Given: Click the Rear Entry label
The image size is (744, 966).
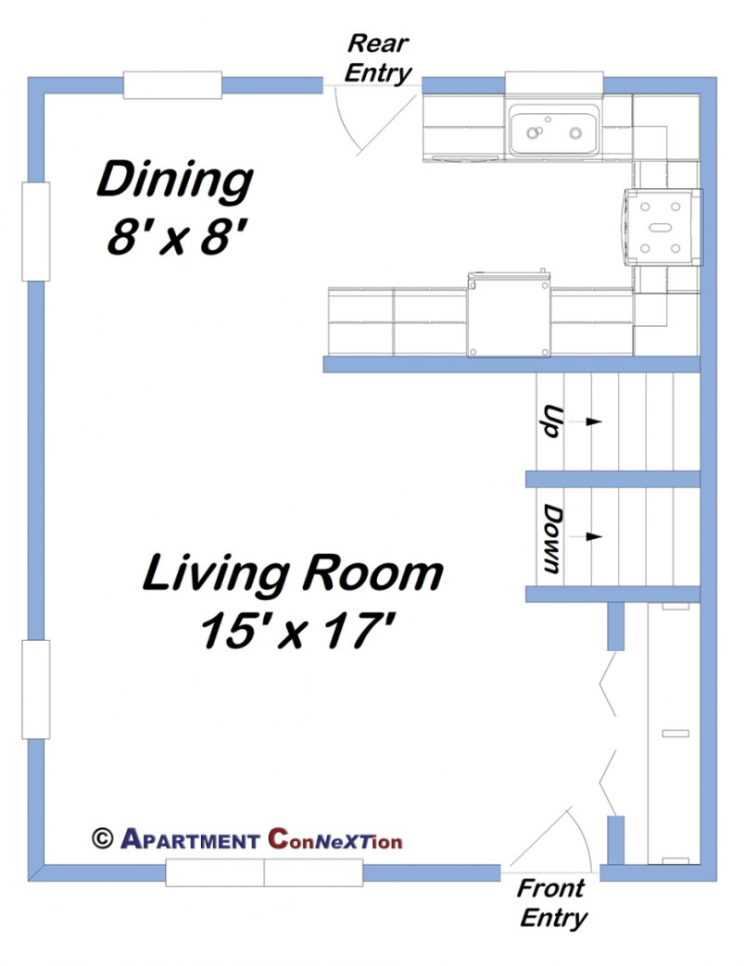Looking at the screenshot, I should click(377, 58).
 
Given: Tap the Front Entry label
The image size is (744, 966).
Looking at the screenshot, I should click(552, 903).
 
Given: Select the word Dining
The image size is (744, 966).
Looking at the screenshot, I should click(174, 180).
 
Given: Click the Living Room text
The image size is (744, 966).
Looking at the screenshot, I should click(292, 574).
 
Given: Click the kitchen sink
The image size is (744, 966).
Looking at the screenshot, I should click(552, 132).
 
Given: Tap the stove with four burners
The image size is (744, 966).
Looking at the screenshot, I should click(662, 226).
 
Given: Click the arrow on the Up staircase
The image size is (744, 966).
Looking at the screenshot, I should click(593, 421).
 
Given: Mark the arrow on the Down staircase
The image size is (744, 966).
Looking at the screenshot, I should click(593, 536).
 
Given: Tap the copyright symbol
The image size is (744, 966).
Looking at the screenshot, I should click(102, 838).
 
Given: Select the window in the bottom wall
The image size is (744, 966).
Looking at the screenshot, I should click(264, 872).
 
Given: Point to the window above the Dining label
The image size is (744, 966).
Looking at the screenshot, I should click(173, 84).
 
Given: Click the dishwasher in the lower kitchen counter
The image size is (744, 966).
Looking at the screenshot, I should click(509, 315).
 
